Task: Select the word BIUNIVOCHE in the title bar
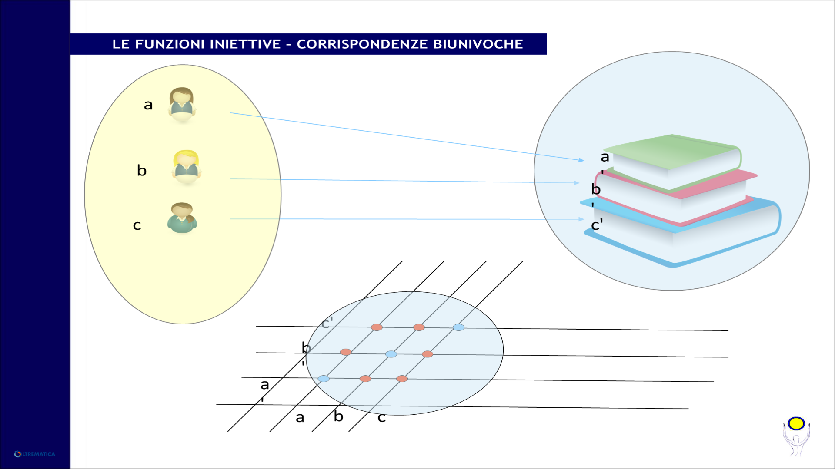(x=478, y=44)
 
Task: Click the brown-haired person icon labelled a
(x=182, y=105)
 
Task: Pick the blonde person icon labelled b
(x=187, y=168)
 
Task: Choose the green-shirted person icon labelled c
(x=182, y=218)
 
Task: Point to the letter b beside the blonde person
(x=142, y=170)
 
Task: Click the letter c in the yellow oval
(x=137, y=225)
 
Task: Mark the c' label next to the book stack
(x=597, y=225)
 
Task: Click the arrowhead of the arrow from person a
(x=581, y=160)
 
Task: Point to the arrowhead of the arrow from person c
(x=581, y=219)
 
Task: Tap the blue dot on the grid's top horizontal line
(x=458, y=327)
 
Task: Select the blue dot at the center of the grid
(x=391, y=354)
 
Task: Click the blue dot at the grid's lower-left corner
(x=324, y=379)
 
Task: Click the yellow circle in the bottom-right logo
(x=796, y=423)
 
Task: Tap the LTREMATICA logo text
(x=38, y=454)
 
